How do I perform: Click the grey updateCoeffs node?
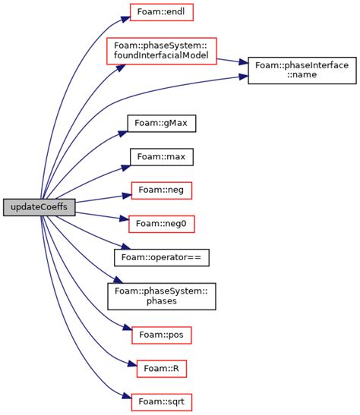(39, 207)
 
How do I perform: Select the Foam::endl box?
(161, 13)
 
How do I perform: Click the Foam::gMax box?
(161, 121)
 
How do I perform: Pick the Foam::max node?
(161, 157)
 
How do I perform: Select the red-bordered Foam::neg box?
(161, 190)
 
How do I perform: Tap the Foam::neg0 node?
(161, 223)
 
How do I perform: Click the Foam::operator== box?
(161, 256)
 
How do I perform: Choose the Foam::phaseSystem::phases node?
(161, 295)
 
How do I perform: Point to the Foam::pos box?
(161, 334)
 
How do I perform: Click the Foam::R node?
(161, 368)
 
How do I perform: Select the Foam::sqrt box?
(161, 401)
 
